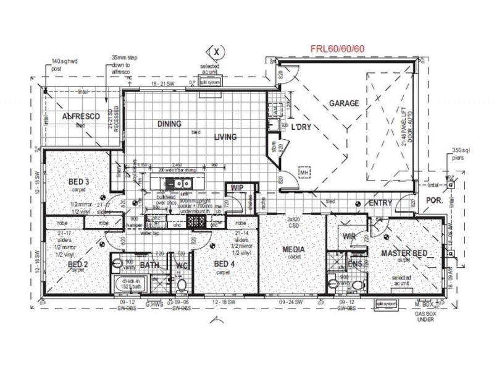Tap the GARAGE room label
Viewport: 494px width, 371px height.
[343, 103]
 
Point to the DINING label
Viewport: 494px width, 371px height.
[169, 124]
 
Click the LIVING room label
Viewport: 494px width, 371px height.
[225, 137]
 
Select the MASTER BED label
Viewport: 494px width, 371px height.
[404, 253]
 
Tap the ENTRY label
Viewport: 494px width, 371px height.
[381, 203]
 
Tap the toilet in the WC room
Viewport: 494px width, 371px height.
[182, 284]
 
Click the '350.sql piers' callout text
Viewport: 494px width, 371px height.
[463, 153]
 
